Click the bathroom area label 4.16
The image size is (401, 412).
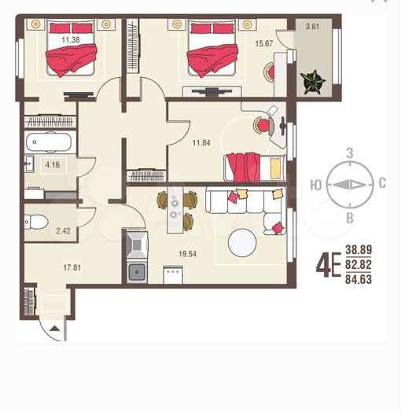pos(53,165)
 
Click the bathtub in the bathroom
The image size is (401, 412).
pos(50,144)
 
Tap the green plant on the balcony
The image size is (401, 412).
pos(312,79)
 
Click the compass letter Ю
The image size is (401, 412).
pos(315,185)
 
